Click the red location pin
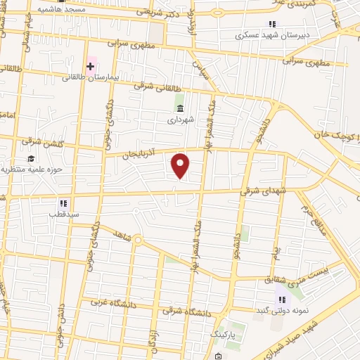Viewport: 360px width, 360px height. point(181,166)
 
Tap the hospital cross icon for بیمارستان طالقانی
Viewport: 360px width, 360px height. point(90,67)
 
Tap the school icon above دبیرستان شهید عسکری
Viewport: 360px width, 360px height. point(272,24)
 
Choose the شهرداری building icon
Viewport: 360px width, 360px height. point(181,108)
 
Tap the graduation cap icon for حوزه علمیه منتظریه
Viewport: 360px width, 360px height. point(31,157)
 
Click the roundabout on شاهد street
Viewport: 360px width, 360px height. point(139,243)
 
